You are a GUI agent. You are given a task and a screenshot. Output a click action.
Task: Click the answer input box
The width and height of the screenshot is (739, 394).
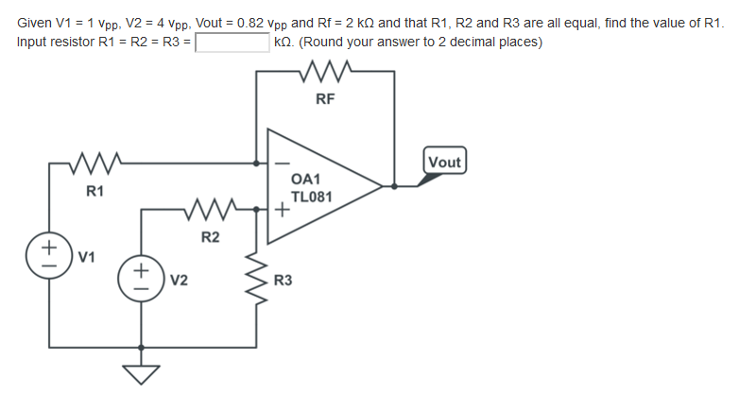tap(232, 43)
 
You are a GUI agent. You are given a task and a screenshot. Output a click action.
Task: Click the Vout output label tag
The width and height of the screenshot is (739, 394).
tap(444, 162)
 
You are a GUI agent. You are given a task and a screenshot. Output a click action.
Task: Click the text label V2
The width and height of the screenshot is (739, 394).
tap(179, 280)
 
